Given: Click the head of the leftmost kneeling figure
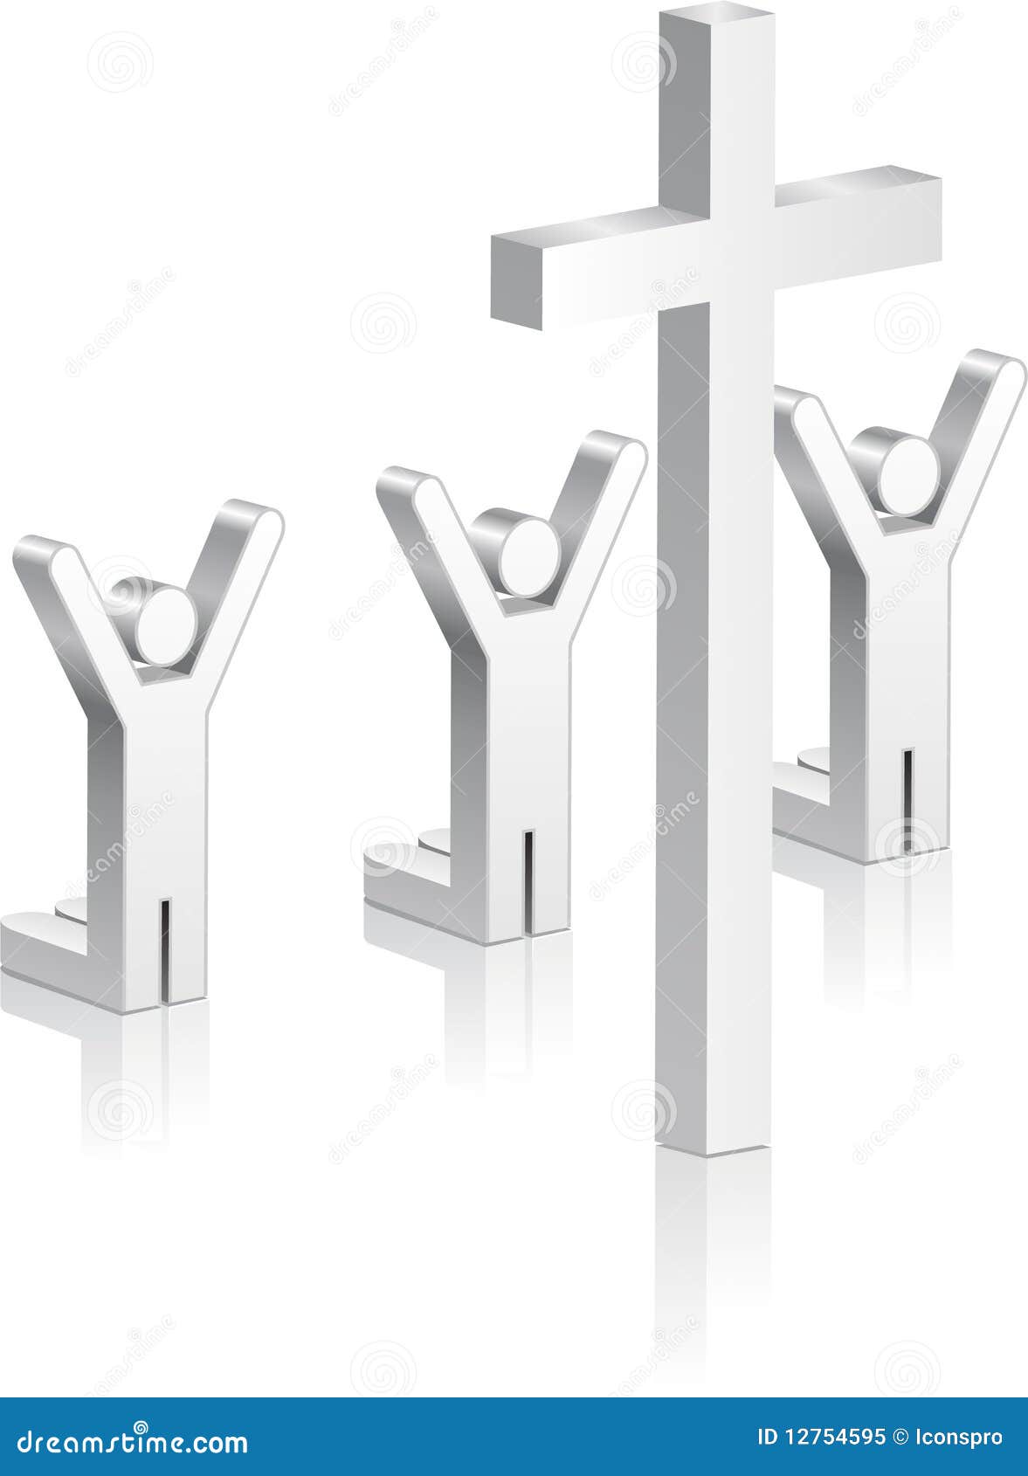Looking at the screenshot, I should (166, 625).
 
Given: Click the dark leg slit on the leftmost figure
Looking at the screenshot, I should (166, 952).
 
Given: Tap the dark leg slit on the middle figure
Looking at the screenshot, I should (528, 882).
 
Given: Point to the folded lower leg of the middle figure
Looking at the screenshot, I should (411, 882).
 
